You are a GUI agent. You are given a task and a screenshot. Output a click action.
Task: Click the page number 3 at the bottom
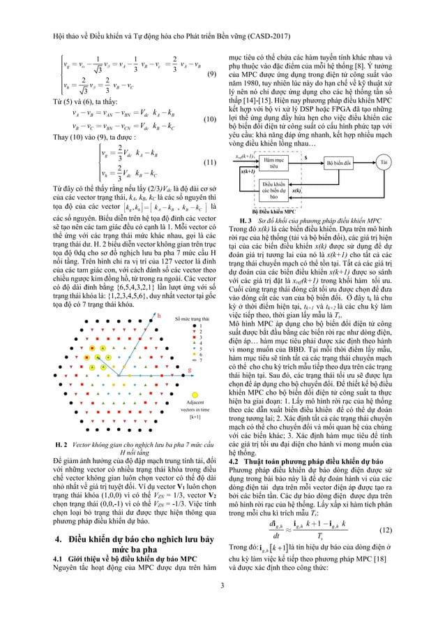click(x=222, y=604)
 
